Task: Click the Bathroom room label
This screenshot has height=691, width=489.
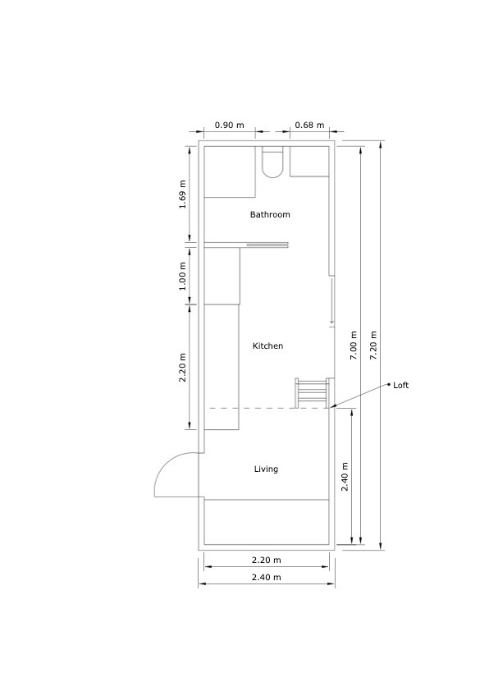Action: pyautogui.click(x=270, y=215)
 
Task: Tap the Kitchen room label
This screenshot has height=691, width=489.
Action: pyautogui.click(x=267, y=346)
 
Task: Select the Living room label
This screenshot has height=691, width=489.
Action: pyautogui.click(x=266, y=469)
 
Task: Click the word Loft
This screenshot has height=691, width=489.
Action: pyautogui.click(x=401, y=385)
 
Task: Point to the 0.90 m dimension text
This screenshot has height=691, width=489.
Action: pyautogui.click(x=229, y=126)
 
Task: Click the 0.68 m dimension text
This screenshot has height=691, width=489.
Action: pyautogui.click(x=309, y=126)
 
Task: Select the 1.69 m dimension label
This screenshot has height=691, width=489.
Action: pyautogui.click(x=182, y=194)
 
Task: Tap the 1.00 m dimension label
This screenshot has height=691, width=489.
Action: pyautogui.click(x=182, y=277)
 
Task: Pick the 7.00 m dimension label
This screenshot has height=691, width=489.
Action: pyautogui.click(x=354, y=345)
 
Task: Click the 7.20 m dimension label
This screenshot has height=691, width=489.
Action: pyautogui.click(x=373, y=345)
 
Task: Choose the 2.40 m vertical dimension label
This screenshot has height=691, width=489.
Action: pyautogui.click(x=345, y=477)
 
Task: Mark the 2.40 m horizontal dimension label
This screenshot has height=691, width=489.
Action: pyautogui.click(x=266, y=577)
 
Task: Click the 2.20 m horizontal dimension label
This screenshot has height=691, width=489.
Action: pyautogui.click(x=266, y=561)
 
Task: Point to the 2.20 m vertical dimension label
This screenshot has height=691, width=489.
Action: pyautogui.click(x=182, y=368)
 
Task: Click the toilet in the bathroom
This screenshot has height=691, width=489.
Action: pyautogui.click(x=272, y=162)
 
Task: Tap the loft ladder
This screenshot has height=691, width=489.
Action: pyautogui.click(x=312, y=393)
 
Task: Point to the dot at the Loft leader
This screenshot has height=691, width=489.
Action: pyautogui.click(x=389, y=384)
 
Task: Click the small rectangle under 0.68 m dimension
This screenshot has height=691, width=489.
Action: pyautogui.click(x=309, y=162)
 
